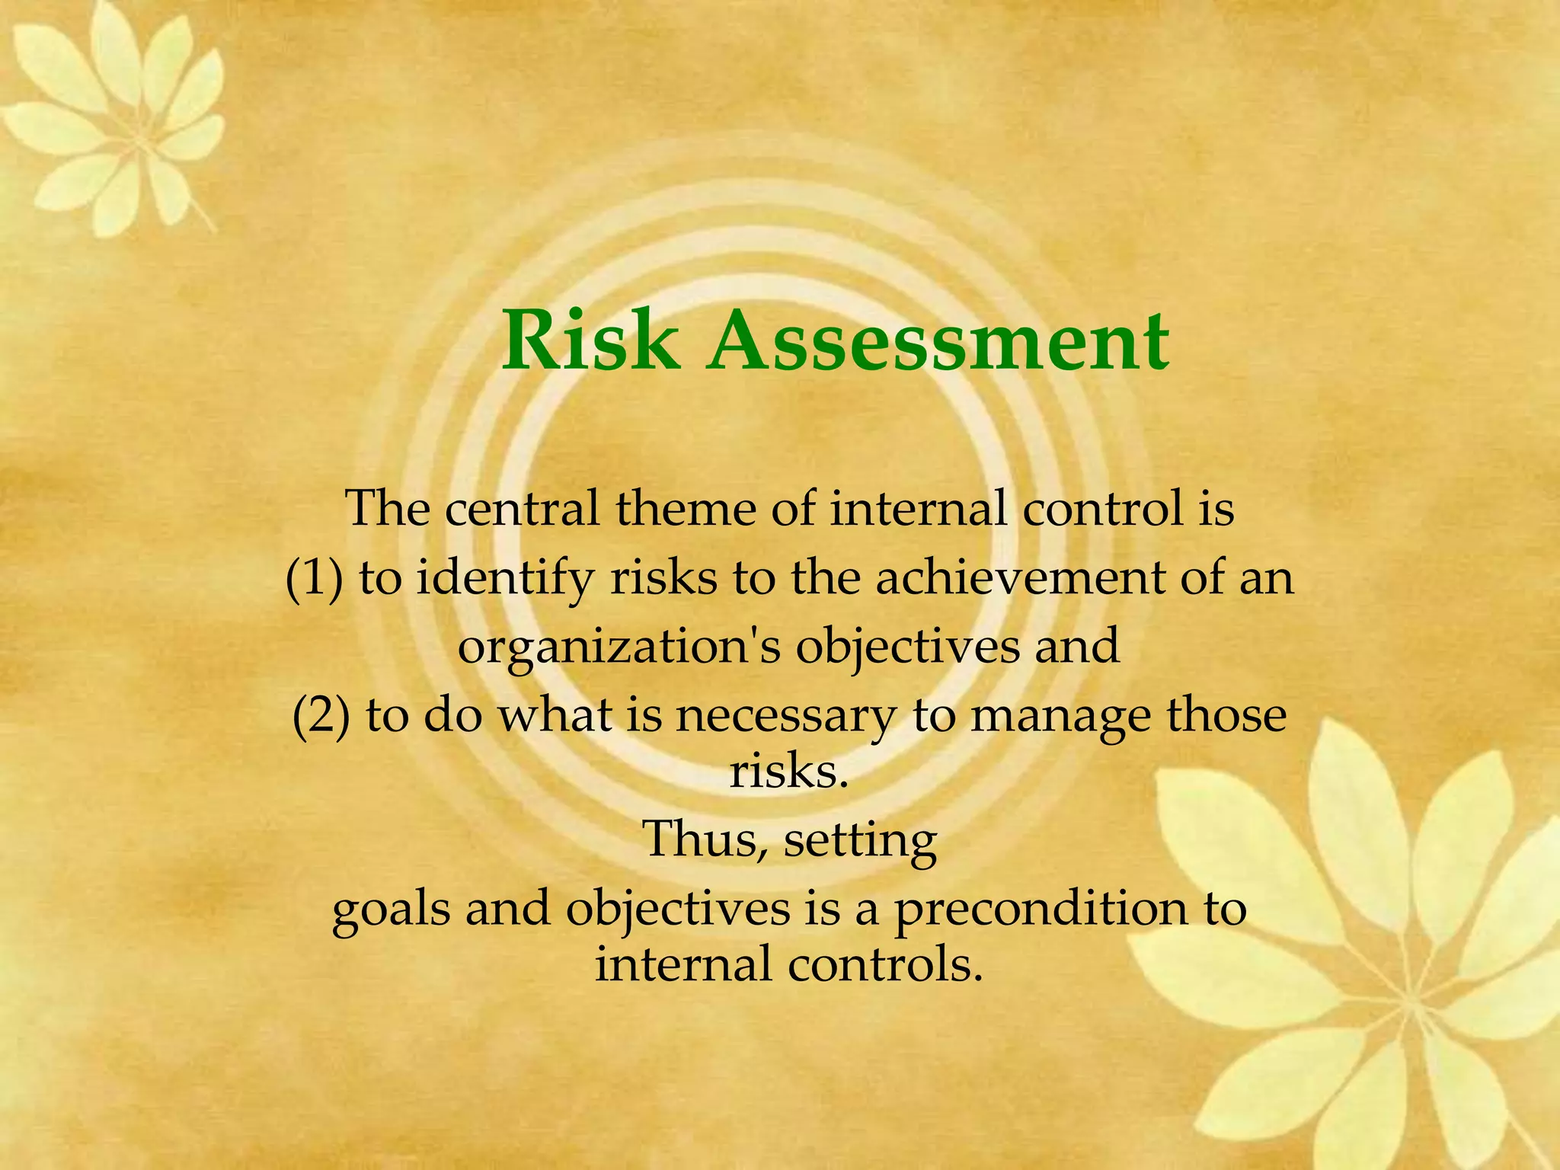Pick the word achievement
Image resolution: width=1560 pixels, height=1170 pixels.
pos(1020,577)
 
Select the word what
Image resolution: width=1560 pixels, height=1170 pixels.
pos(555,716)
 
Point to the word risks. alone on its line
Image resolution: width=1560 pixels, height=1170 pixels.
pos(788,772)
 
